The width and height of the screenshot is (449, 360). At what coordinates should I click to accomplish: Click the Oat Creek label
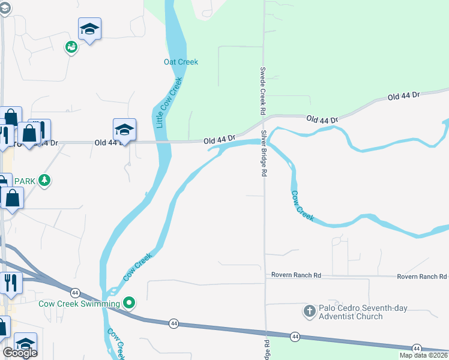tap(181, 62)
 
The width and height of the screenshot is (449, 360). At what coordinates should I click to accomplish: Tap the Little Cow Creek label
tap(169, 103)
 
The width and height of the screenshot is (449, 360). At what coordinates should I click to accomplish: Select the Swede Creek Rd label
tap(262, 91)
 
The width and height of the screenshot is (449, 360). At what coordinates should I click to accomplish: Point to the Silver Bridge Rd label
tap(264, 154)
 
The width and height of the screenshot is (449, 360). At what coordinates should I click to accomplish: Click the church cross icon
tap(309, 311)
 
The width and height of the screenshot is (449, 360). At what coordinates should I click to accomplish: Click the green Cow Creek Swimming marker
tap(128, 303)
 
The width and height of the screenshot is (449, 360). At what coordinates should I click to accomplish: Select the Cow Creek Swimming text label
tap(79, 304)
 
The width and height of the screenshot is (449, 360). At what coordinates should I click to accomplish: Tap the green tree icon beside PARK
tap(44, 180)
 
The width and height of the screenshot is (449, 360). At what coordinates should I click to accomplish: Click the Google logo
tap(20, 353)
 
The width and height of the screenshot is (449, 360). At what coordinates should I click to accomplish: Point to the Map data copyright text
tap(424, 355)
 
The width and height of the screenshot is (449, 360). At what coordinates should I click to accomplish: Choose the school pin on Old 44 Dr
tap(124, 130)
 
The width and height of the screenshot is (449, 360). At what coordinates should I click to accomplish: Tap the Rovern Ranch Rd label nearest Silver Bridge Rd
tap(296, 275)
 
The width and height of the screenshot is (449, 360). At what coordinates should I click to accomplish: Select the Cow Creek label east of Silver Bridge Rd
tap(303, 206)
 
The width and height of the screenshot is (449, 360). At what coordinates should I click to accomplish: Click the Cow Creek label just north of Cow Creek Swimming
tap(138, 267)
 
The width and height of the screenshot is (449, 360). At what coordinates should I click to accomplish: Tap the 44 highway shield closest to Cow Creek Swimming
tap(75, 293)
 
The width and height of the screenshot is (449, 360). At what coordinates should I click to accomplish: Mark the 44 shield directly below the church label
tap(295, 337)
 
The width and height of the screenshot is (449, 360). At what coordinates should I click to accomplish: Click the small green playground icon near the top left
tap(71, 47)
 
